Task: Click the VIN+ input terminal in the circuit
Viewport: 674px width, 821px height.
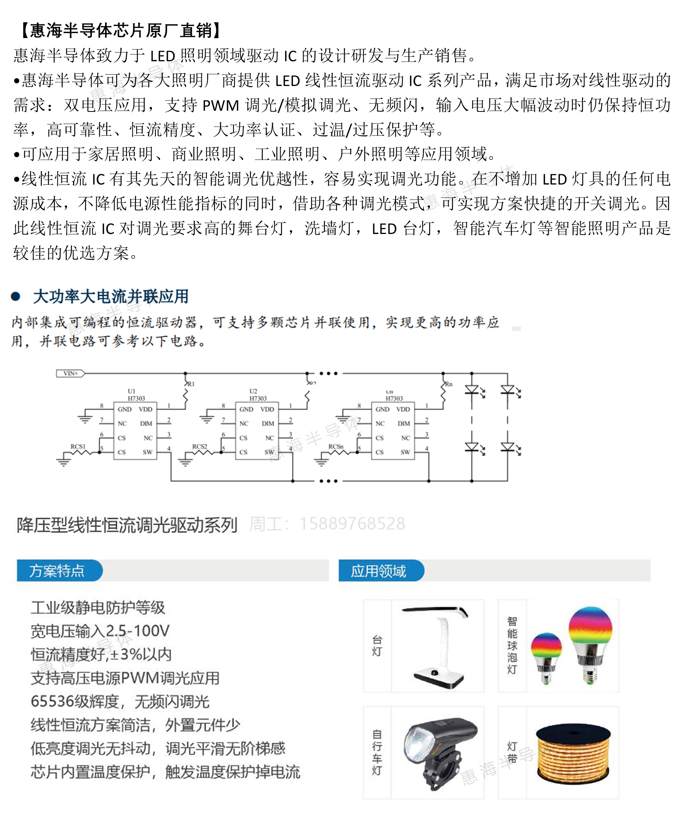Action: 70,374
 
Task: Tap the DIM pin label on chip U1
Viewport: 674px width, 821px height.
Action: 146,423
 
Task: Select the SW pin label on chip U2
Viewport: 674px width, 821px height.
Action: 269,452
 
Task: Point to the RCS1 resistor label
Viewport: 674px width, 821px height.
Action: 78,446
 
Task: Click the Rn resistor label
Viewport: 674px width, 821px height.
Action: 449,384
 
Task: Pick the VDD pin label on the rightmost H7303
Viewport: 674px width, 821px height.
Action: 403,409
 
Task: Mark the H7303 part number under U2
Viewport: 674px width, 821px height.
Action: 258,398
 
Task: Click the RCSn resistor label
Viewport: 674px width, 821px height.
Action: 336,446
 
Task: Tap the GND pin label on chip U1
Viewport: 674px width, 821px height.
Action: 125,409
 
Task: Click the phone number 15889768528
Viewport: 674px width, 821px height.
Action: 352,523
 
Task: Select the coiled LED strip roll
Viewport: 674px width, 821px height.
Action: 573,754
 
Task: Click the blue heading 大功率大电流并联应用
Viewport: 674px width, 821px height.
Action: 111,297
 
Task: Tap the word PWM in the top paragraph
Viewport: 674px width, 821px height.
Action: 220,105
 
